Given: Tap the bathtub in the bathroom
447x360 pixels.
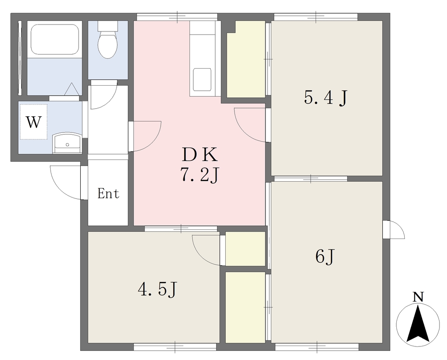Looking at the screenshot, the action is (55, 39).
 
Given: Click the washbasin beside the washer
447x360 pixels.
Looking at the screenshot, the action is (67, 143).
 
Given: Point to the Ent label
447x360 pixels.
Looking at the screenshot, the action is (108, 194).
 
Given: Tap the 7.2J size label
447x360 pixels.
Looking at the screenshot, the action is (199, 175).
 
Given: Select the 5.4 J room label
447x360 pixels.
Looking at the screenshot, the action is (326, 98).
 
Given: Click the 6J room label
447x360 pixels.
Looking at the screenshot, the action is (325, 256).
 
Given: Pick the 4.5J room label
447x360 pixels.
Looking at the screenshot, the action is (158, 290).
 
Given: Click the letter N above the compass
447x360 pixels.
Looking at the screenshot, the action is (418, 297).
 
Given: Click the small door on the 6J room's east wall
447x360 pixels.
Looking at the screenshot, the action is (393, 230).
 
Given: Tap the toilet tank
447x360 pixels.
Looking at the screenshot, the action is (107, 26).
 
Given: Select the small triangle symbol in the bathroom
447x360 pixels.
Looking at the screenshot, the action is (71, 89).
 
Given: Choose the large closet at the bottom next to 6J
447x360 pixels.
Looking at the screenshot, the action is (245, 307).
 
